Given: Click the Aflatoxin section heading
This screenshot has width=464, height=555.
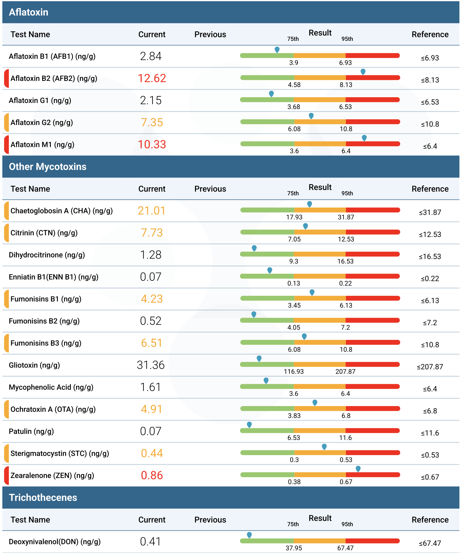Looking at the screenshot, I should [x=29, y=12].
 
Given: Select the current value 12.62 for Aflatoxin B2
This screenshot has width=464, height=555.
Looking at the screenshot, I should [x=152, y=78].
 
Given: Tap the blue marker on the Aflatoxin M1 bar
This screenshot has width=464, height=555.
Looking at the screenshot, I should [x=364, y=138].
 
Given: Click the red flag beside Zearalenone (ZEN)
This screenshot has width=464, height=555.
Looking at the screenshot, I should [x=6, y=476].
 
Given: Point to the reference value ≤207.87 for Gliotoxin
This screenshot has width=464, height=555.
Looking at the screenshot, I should [x=430, y=367].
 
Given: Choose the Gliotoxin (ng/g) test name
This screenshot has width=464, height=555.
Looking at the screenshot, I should [x=34, y=365].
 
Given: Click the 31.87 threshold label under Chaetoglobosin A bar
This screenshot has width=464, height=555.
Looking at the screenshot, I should [x=346, y=217].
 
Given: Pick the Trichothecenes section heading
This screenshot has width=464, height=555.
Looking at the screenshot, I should [x=43, y=498].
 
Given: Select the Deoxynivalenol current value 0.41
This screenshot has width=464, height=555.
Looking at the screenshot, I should [x=151, y=542].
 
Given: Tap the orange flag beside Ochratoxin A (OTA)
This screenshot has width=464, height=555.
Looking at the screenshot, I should [x=6, y=409].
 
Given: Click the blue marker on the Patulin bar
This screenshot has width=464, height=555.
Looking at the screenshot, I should [x=249, y=425].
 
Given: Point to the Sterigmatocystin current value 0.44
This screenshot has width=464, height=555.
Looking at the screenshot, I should [x=152, y=453].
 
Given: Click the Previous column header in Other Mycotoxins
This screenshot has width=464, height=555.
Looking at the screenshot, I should [x=210, y=189].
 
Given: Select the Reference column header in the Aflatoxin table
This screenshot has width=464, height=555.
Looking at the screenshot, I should [x=430, y=34].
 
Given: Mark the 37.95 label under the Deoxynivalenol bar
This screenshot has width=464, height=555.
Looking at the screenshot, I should [x=294, y=548].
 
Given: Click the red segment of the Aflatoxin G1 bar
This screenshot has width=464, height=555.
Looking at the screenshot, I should [x=372, y=100].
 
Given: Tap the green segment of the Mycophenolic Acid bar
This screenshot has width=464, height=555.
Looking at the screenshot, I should [x=267, y=387].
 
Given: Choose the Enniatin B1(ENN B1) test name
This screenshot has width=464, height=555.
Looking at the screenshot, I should [x=54, y=277].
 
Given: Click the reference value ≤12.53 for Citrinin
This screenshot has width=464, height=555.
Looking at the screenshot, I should [x=430, y=234].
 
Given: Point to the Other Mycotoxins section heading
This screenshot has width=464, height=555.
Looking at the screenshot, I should [x=48, y=167].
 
